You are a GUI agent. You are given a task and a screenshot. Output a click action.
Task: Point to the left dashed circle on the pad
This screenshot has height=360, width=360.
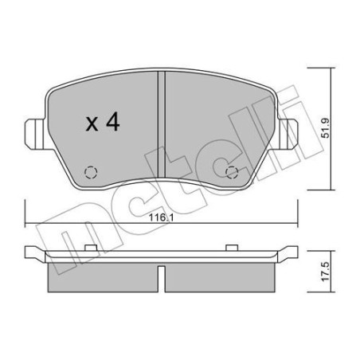point(89,170)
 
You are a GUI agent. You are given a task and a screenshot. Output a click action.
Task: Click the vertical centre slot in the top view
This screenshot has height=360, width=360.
point(161,119)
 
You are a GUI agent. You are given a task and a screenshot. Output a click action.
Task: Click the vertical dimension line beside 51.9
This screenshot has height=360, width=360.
point(326,127)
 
